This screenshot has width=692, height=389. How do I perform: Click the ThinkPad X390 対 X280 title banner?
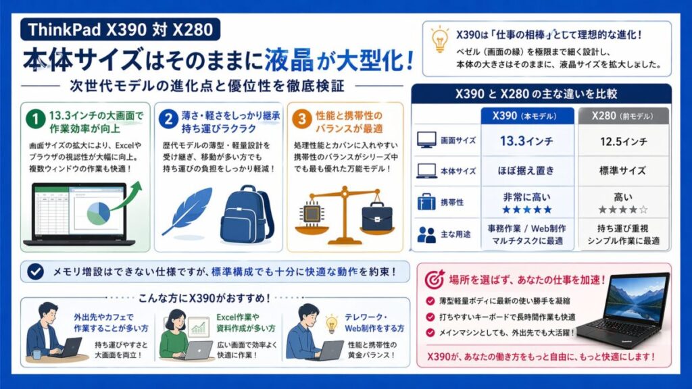(x=120, y=29)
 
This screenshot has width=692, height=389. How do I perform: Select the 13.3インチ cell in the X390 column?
(x=527, y=140)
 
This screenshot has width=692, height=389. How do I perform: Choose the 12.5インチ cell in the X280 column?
(x=623, y=140)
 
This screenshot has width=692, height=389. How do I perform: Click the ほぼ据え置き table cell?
(x=527, y=170)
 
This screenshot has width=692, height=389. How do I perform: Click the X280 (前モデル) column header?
(x=623, y=115)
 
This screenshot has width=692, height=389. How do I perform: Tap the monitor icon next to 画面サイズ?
(x=427, y=140)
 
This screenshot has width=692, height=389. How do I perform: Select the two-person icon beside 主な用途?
(x=427, y=234)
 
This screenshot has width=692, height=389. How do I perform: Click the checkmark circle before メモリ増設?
(x=35, y=271)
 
